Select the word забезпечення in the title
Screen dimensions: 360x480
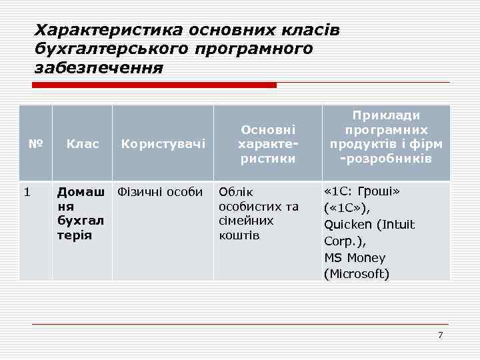click(99, 68)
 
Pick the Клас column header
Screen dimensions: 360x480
click(83, 143)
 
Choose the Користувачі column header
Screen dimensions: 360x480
click(163, 143)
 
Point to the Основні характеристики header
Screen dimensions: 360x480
click(268, 143)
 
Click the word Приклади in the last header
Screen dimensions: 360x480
click(387, 115)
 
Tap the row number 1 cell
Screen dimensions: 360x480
click(27, 193)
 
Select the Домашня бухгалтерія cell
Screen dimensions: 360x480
click(81, 213)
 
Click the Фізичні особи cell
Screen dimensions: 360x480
click(160, 193)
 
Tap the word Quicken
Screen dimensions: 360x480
click(347, 225)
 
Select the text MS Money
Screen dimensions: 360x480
click(355, 257)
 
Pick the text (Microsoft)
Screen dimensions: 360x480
click(357, 273)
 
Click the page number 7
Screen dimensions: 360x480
click(440, 335)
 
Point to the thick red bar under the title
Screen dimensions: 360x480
click(155, 85)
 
